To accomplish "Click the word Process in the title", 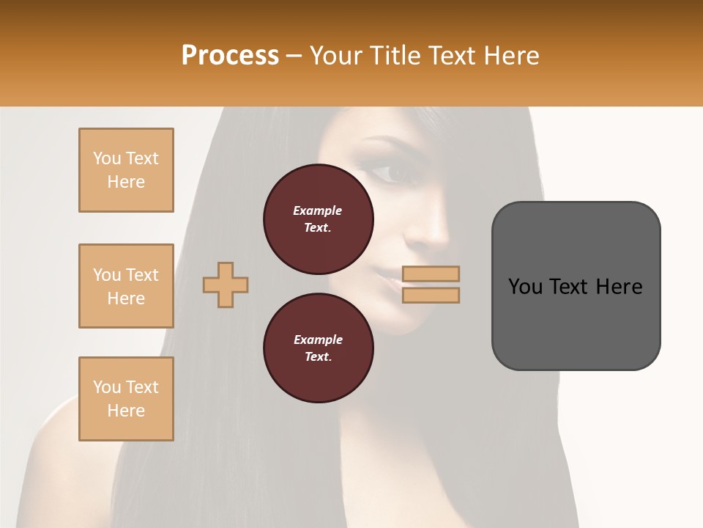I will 230,55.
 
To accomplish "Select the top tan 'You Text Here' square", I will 126,170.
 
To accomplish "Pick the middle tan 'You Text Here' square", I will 126,286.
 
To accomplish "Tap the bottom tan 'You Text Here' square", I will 126,399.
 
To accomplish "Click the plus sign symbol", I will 226,285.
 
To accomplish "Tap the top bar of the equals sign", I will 431,274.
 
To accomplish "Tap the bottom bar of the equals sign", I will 431,295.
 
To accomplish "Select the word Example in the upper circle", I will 318,210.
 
